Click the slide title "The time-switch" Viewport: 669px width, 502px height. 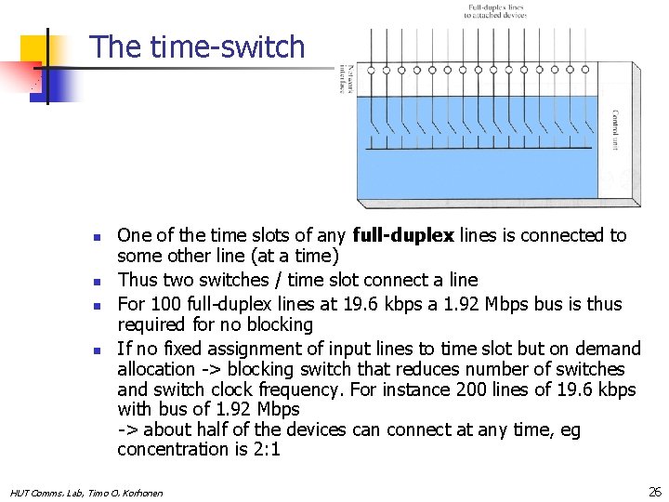198,46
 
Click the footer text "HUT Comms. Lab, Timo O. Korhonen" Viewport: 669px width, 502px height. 86,492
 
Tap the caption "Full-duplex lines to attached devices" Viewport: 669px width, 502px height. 497,11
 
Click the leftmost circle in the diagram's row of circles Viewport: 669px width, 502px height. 371,70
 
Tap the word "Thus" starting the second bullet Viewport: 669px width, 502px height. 137,280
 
